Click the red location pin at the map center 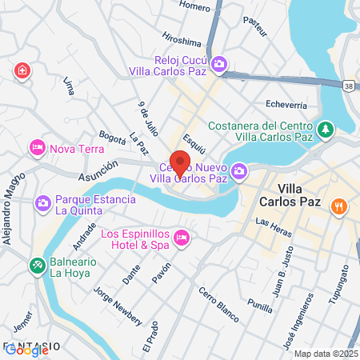point(180,162)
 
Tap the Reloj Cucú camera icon point(218,63)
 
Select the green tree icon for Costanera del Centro point(326,128)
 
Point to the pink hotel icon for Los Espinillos point(182,237)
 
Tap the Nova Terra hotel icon point(36,148)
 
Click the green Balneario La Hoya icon point(36,265)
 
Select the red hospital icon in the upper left point(22,71)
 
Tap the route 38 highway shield point(350,84)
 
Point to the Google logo point(26,349)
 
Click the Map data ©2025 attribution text point(325,354)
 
